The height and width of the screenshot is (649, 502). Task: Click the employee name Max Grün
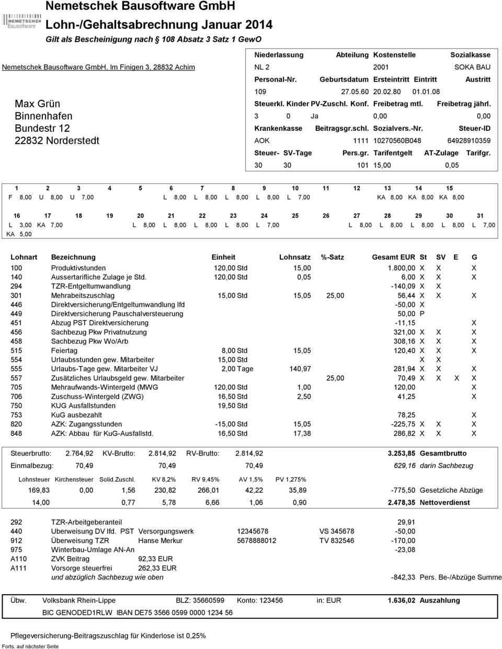[x=37, y=103]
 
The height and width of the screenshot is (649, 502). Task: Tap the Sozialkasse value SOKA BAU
[x=472, y=67]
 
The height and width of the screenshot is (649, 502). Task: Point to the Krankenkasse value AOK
[x=261, y=141]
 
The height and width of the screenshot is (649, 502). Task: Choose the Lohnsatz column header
[x=295, y=257]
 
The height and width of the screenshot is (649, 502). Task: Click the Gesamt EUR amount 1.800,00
[x=401, y=268]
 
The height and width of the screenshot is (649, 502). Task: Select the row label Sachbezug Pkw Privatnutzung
[x=99, y=332]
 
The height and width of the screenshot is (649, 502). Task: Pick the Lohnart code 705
[x=17, y=387]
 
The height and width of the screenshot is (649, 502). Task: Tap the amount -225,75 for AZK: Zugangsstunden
[x=403, y=424]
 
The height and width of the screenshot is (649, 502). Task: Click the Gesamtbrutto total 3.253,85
[x=402, y=453]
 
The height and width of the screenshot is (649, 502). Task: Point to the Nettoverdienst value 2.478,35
[x=402, y=502]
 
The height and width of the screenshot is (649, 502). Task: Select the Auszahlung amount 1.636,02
[x=402, y=600]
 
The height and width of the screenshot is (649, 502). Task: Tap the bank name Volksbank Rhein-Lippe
[x=79, y=600]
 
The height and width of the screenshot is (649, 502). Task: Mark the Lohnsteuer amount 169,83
[x=39, y=490]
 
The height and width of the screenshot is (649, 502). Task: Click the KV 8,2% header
[x=164, y=479]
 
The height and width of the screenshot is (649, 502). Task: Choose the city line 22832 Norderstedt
[x=57, y=141]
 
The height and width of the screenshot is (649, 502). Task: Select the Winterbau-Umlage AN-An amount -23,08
[x=405, y=550]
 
